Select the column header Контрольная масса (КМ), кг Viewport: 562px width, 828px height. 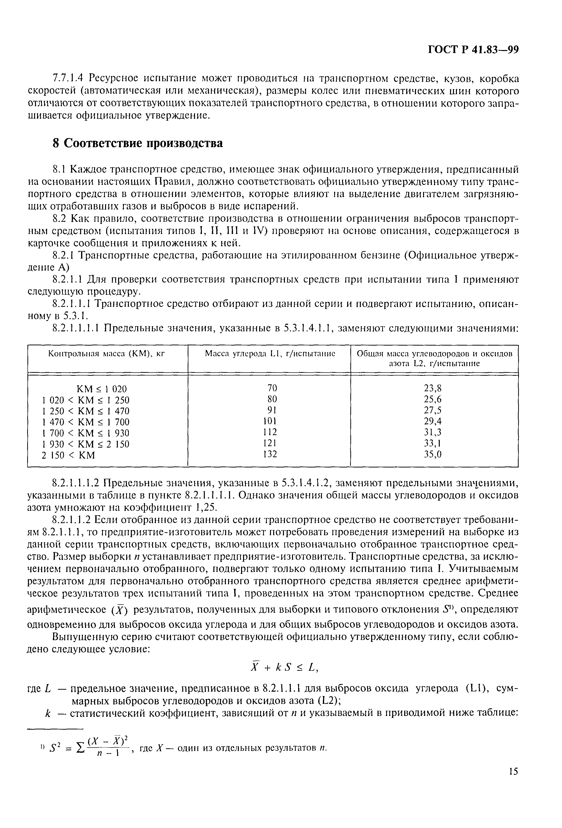click(x=108, y=353)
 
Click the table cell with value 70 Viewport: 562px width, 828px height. click(x=272, y=388)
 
